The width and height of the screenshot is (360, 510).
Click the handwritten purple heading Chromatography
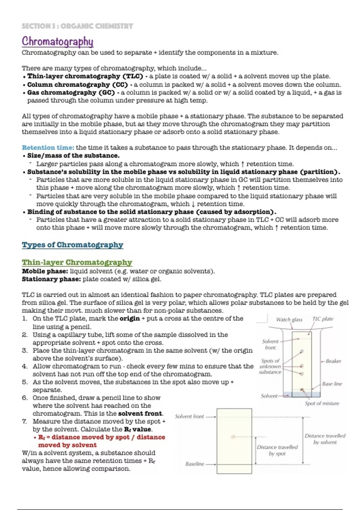[x=58, y=41]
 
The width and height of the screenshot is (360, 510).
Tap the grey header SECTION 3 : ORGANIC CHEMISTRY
[x=77, y=26]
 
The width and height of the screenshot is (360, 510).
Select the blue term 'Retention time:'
[x=48, y=148]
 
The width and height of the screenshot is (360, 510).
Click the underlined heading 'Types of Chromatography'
[x=72, y=245]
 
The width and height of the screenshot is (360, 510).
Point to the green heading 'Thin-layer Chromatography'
[x=77, y=262]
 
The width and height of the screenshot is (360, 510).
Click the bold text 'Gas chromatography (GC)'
[x=71, y=93]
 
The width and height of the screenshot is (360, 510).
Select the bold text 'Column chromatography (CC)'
[x=77, y=85]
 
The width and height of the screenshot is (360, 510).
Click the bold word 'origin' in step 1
[x=130, y=318]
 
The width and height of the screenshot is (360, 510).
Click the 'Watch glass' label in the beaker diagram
[x=289, y=319]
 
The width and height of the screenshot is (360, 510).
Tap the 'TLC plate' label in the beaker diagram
[x=323, y=319]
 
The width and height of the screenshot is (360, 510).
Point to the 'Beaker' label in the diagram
[x=333, y=361]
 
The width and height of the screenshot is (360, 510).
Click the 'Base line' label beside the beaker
[x=332, y=384]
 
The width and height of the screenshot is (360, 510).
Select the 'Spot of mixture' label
[x=322, y=403]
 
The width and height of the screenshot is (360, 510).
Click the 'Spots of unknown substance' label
[x=270, y=366]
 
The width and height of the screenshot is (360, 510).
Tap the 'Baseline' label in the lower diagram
[x=195, y=464]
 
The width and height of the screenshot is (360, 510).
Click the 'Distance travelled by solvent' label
[x=325, y=439]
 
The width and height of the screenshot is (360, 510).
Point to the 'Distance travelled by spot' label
[x=277, y=450]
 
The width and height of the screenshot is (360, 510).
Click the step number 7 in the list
[x=24, y=421]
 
